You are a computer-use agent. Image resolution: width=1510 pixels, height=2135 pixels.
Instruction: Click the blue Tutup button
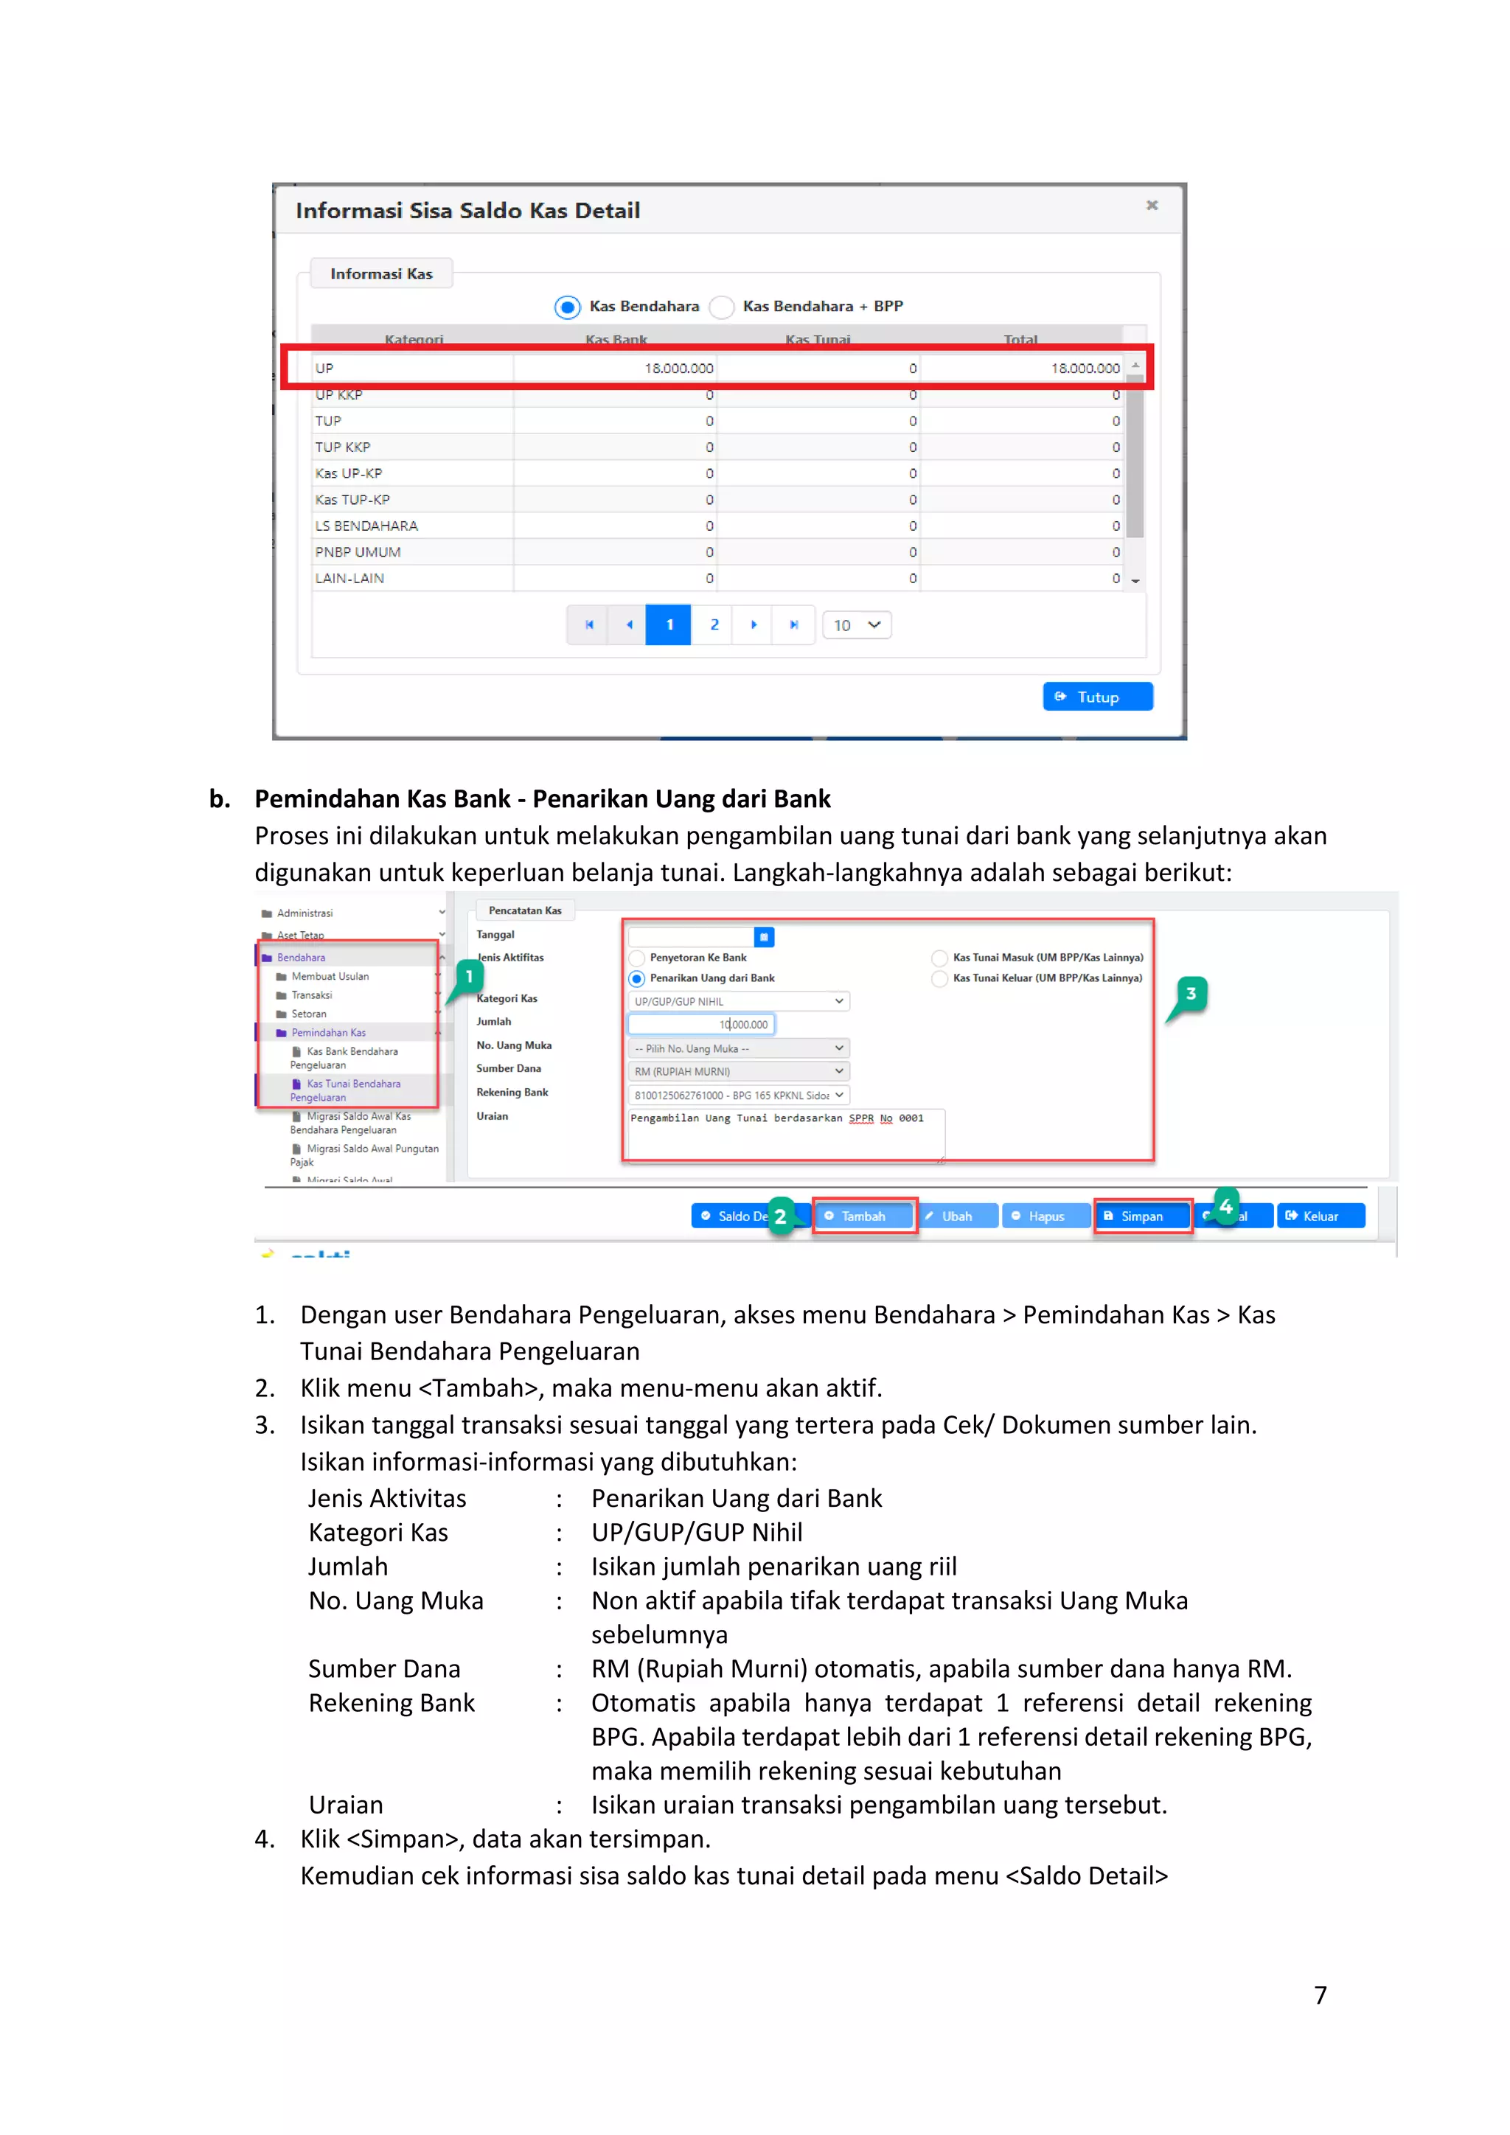pyautogui.click(x=1097, y=697)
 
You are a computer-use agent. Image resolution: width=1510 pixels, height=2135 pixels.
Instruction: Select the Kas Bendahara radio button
pyautogui.click(x=567, y=307)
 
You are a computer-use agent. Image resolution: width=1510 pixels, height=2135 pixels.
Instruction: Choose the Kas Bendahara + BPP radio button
pyautogui.click(x=722, y=307)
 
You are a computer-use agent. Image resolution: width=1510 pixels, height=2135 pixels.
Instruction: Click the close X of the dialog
pyautogui.click(x=1151, y=206)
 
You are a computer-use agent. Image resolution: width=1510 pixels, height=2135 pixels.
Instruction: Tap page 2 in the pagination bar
pyautogui.click(x=714, y=625)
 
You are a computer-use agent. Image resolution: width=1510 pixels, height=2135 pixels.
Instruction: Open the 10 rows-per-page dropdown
pyautogui.click(x=856, y=625)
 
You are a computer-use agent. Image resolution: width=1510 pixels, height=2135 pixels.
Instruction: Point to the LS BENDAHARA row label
pyautogui.click(x=366, y=526)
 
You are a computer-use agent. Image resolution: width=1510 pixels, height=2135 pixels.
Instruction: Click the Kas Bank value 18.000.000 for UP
pyautogui.click(x=679, y=368)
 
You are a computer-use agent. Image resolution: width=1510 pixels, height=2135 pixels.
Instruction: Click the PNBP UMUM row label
pyautogui.click(x=358, y=551)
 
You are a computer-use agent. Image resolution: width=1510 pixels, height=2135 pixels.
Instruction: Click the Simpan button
pyautogui.click(x=1142, y=1216)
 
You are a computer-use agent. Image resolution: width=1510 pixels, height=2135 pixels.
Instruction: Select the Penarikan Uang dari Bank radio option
pyautogui.click(x=637, y=978)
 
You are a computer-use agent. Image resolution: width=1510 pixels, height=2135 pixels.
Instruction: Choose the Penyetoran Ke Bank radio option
pyautogui.click(x=637, y=958)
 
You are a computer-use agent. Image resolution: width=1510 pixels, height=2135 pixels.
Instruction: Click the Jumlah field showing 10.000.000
pyautogui.click(x=701, y=1024)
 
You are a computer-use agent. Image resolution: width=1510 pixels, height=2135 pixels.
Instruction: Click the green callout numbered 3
pyautogui.click(x=1191, y=993)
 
